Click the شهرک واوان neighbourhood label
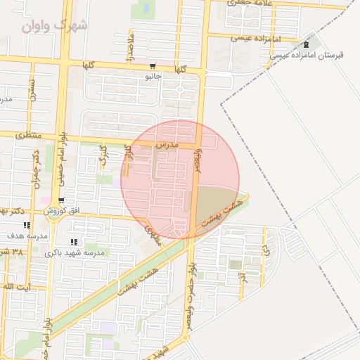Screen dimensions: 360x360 pos(54,25)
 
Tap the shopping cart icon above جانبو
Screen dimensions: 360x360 pos(153,66)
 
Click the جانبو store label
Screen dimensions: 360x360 pos(153,75)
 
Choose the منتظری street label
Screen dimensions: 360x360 pos(29,134)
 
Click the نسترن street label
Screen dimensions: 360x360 pos(32,90)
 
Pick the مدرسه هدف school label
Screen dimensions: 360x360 pos(27,236)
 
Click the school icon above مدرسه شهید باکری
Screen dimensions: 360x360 pos(75,243)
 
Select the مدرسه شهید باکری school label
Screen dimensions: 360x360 pos(75,252)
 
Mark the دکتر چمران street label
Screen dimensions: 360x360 pos(35,169)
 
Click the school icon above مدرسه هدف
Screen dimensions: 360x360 pos(27,226)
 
